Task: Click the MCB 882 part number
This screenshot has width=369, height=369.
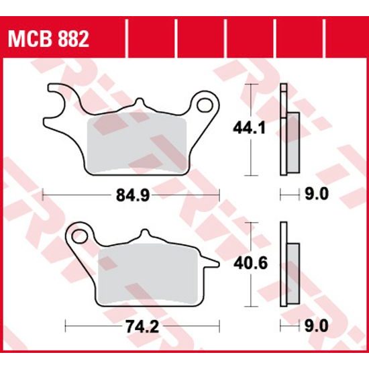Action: tap(48, 38)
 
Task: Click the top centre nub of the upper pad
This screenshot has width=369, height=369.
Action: tap(140, 104)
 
